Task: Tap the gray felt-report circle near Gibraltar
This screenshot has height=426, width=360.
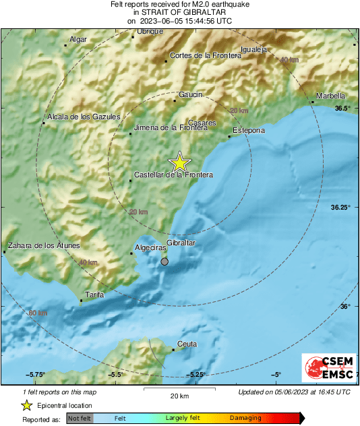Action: [x=164, y=262]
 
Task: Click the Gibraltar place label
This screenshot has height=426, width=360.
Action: [x=181, y=243]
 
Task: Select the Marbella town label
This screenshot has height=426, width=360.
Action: [x=331, y=96]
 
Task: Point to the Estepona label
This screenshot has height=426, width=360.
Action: [x=248, y=129]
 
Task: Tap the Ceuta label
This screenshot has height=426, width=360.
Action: [x=187, y=344]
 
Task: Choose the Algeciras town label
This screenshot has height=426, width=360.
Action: [x=150, y=248]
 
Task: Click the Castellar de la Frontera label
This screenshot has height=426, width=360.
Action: [x=173, y=175]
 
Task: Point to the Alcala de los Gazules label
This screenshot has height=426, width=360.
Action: [x=83, y=117]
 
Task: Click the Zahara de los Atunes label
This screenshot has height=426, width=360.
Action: [x=43, y=245]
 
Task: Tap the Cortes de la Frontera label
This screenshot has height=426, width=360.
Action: [x=205, y=55]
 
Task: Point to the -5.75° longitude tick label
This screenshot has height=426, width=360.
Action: [x=36, y=375]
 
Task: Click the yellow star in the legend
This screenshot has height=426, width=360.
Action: [x=26, y=405]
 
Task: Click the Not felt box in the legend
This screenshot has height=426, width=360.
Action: [x=80, y=418]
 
